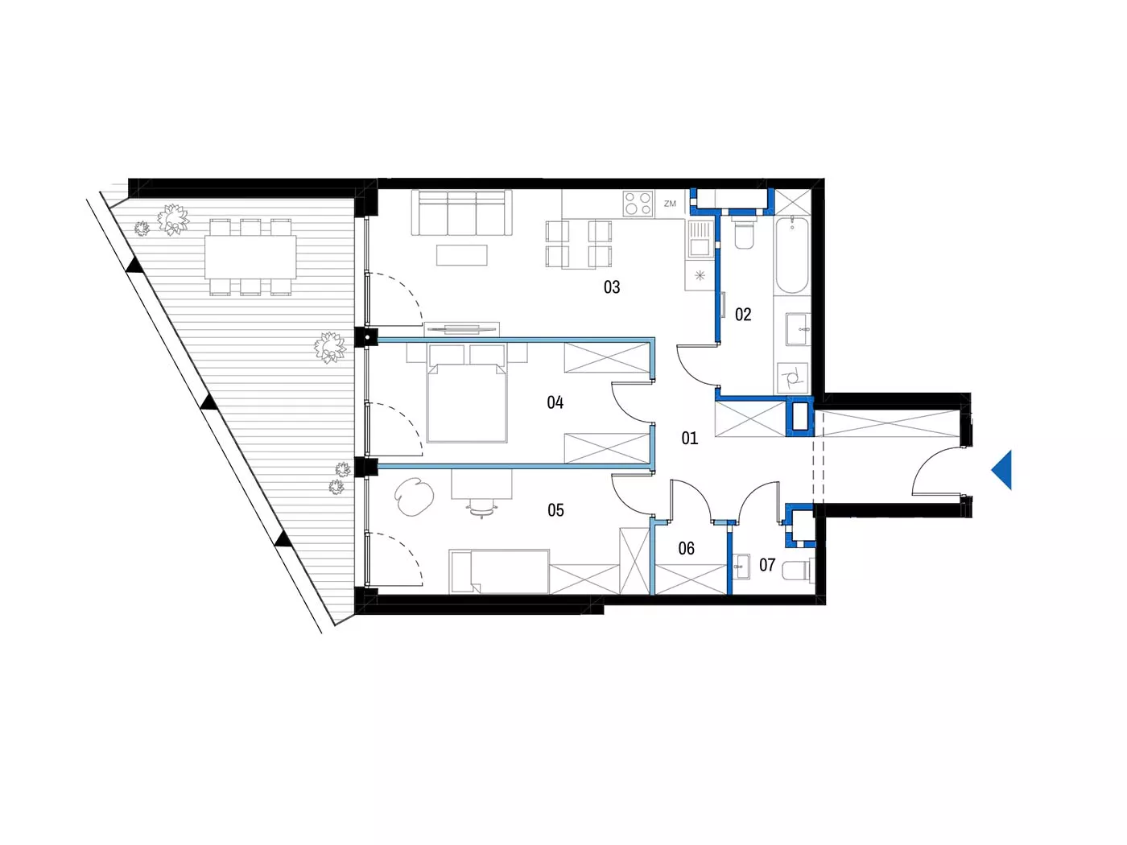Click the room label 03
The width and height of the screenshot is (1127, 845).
click(612, 286)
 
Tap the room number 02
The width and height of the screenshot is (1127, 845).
click(743, 314)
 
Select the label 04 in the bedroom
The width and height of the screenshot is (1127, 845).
click(555, 402)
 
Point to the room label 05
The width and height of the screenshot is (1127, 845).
click(555, 509)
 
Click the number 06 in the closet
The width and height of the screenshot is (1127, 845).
click(686, 549)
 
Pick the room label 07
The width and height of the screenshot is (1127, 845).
click(766, 565)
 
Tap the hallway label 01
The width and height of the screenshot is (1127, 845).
click(690, 438)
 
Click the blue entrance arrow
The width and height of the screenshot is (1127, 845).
click(1001, 470)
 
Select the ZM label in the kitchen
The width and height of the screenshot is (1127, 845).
click(670, 204)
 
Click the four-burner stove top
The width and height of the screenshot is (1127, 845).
click(638, 203)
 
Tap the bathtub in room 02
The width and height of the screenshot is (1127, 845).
click(792, 255)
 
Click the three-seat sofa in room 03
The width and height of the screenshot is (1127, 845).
click(462, 212)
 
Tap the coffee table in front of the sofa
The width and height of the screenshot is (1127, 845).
click(461, 255)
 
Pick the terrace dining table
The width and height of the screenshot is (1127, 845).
click(250, 257)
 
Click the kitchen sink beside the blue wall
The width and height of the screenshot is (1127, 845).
click(700, 239)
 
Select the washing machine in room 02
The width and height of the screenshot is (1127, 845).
click(793, 378)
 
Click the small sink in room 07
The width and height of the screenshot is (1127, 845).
click(740, 566)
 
